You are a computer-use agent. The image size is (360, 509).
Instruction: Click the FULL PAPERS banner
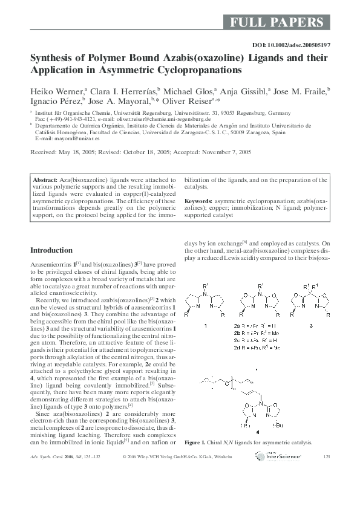(x=278, y=23)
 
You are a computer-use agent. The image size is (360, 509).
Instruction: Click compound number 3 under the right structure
(x=311, y=325)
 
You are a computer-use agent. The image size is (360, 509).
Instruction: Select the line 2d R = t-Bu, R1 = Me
(x=259, y=348)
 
